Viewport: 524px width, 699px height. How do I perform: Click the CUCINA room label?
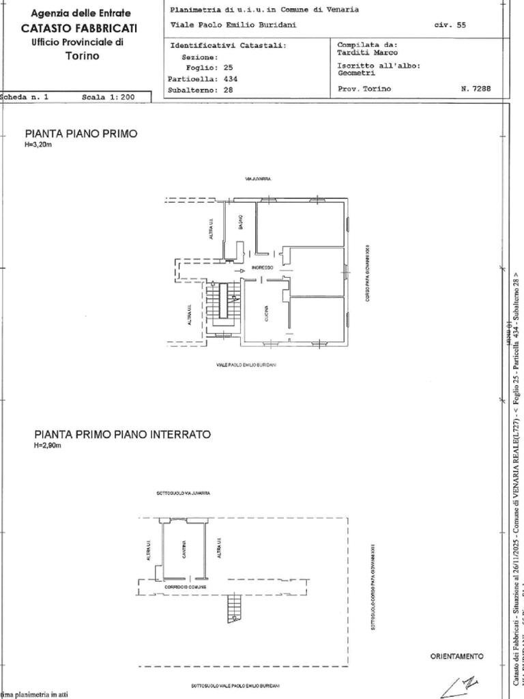pyautogui.click(x=267, y=313)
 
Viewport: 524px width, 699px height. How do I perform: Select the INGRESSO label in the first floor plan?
pyautogui.click(x=262, y=268)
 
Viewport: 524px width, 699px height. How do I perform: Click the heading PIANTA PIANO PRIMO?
pyautogui.click(x=81, y=134)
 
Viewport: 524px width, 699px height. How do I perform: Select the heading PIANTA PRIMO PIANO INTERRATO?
pyautogui.click(x=123, y=434)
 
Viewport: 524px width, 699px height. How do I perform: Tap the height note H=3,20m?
pyautogui.click(x=39, y=145)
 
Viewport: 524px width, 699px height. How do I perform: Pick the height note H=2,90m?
pyautogui.click(x=48, y=446)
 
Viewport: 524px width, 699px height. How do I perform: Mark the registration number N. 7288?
pyautogui.click(x=476, y=89)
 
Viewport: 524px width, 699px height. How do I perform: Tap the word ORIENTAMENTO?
pyautogui.click(x=456, y=656)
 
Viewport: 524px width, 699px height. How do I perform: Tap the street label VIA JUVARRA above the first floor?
pyautogui.click(x=258, y=179)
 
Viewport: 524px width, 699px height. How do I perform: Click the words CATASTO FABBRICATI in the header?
pyautogui.click(x=79, y=28)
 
